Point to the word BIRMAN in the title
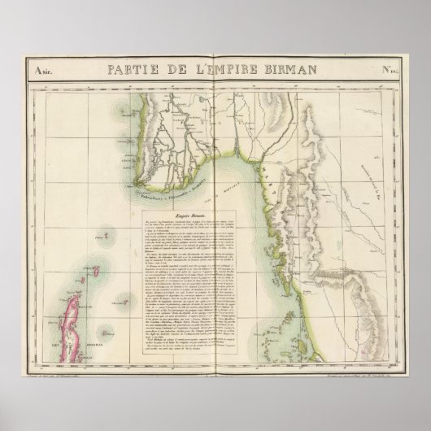(294, 71)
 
